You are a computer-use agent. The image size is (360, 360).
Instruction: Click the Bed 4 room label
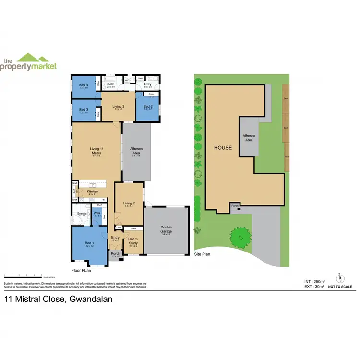click(84, 84)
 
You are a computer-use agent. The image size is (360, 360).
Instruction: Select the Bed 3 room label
click(84, 109)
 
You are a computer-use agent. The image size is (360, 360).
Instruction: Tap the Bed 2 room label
click(148, 106)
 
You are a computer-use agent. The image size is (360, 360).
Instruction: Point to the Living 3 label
click(119, 106)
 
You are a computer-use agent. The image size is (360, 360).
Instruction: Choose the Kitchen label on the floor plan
click(93, 192)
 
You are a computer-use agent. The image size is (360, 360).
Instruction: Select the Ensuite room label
click(82, 213)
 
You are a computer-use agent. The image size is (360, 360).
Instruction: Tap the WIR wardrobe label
click(96, 213)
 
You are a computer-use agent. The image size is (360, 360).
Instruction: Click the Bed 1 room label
click(89, 243)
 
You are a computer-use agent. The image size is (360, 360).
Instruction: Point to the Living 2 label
click(129, 203)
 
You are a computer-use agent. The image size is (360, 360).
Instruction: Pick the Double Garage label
click(167, 229)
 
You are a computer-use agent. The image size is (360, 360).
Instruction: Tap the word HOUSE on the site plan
click(223, 148)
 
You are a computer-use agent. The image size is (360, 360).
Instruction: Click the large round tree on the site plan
click(240, 236)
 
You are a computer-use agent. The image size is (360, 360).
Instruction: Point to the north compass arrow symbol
click(340, 278)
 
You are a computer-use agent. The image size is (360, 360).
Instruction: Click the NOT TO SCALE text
click(340, 287)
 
